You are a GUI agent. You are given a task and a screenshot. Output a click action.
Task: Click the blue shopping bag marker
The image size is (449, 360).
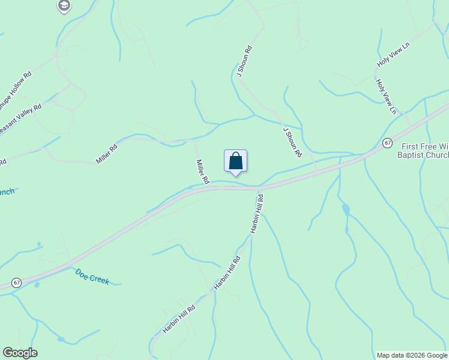236,161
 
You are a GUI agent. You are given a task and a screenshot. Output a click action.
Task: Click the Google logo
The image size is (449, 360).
20,353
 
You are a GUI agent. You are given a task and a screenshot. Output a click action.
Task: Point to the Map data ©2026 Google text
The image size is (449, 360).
412,355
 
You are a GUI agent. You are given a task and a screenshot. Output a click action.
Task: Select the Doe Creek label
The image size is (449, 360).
92,276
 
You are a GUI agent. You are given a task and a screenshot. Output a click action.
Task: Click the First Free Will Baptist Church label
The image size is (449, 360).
423,151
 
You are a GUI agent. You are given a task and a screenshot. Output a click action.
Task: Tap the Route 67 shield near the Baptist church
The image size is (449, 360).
388,143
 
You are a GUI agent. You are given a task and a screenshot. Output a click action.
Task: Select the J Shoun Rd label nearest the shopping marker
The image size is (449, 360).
292,142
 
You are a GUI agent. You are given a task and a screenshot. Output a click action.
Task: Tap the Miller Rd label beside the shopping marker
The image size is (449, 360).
202,171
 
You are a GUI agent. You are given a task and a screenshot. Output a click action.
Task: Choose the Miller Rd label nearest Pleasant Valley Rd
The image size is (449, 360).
107,154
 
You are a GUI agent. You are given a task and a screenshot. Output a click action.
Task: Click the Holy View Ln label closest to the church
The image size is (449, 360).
386,97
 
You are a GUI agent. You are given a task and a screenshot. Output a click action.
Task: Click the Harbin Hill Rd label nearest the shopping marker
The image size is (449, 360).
257,214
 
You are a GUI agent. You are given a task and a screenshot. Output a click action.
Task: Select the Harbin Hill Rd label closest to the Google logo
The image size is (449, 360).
179,319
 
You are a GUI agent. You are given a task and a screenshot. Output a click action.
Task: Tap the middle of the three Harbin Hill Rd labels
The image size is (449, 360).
228,273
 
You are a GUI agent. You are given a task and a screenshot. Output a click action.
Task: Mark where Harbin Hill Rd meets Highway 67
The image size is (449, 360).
260,188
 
